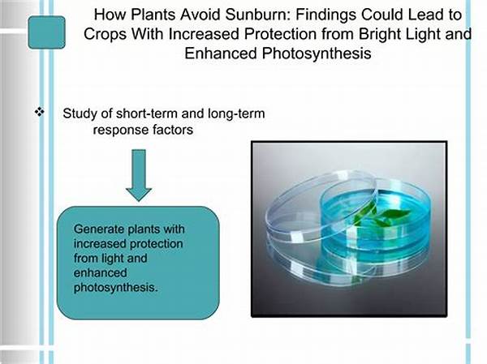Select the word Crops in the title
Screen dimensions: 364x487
(103, 35)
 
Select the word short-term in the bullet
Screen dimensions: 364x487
(149, 113)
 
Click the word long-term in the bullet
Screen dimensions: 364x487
(236, 113)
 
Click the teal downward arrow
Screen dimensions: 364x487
(138, 173)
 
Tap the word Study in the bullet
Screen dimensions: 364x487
(80, 113)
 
